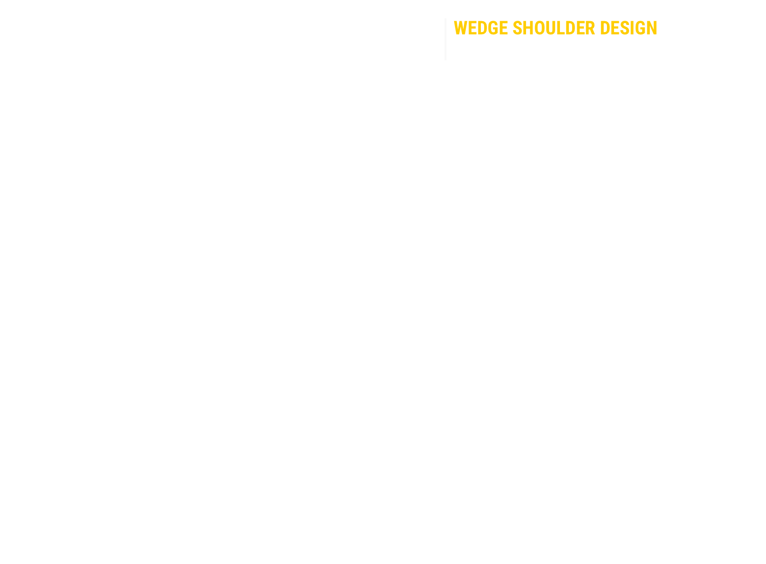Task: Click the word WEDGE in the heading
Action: click(480, 28)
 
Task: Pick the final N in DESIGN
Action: click(652, 28)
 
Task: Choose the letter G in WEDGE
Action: click(493, 28)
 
